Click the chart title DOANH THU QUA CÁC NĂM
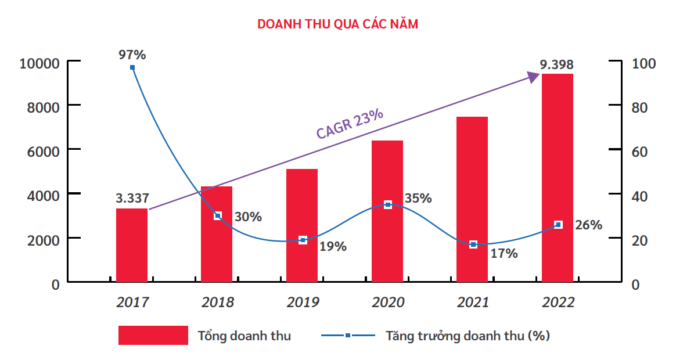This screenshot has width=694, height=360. tap(337, 24)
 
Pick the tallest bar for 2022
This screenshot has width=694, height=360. tap(558, 178)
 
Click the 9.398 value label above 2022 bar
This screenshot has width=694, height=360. tap(556, 64)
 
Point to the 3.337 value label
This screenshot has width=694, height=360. tap(132, 199)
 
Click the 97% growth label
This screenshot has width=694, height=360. tap(132, 55)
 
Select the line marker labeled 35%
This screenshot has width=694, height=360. tap(388, 204)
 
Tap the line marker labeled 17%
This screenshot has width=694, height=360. tap(473, 244)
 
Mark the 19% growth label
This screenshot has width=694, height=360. tap(333, 246)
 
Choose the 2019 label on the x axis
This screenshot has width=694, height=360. tap(303, 303)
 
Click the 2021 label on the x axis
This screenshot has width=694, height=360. tap(473, 303)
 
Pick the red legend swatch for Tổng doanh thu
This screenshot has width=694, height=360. tap(153, 335)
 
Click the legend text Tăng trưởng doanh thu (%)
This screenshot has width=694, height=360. tap(468, 336)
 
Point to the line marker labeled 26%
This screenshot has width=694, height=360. tap(558, 225)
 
